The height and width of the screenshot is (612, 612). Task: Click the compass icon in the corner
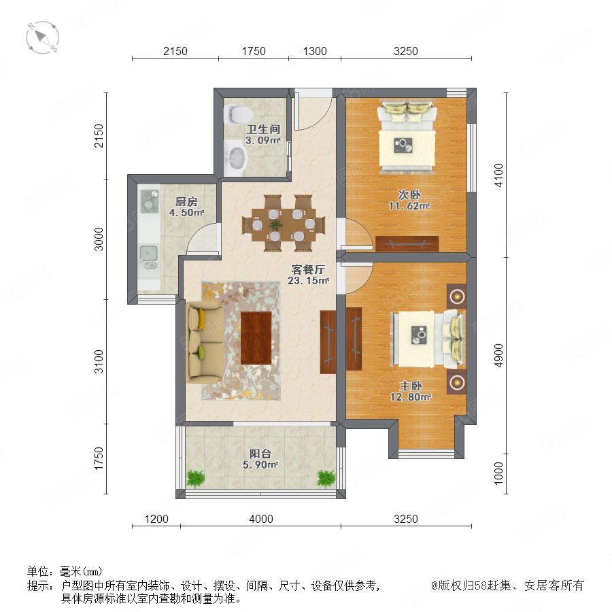tap(43, 37)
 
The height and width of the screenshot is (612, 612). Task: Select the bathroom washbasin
tap(237, 158)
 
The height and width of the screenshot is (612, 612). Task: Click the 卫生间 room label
tap(263, 129)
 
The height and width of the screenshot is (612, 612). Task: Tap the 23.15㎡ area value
tap(308, 280)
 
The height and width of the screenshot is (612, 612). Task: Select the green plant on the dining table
tap(276, 224)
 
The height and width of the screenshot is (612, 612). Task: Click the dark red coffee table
tap(256, 338)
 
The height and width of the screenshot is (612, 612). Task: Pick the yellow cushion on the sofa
tap(202, 319)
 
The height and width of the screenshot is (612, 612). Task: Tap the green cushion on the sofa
tap(201, 352)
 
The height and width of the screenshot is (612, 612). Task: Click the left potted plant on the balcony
tap(196, 479)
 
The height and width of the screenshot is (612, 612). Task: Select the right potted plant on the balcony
tap(326, 479)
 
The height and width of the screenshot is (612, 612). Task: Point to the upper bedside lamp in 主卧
tap(457, 296)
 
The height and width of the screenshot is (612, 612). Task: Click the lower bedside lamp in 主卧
tap(457, 382)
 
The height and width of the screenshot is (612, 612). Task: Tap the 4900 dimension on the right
tap(499, 355)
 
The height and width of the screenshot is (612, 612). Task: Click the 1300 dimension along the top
tap(315, 51)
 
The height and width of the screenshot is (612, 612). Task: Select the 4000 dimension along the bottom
tap(260, 519)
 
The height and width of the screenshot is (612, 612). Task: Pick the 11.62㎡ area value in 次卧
tap(409, 205)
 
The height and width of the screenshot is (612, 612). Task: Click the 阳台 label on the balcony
tap(260, 454)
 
